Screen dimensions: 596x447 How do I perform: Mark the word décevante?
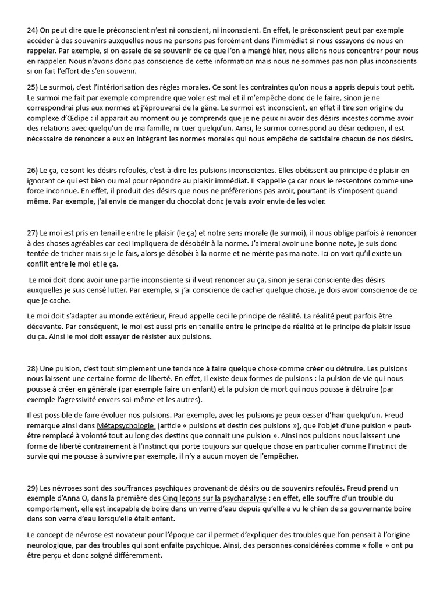(x=48, y=327)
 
